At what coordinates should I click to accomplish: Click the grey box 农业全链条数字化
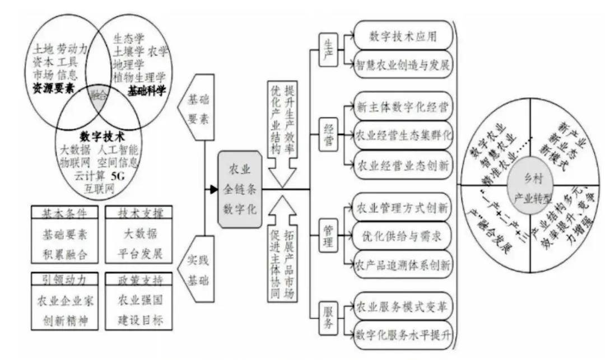(x=240, y=189)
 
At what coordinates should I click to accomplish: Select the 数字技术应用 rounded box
(x=403, y=37)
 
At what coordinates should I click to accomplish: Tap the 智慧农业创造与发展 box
(x=403, y=64)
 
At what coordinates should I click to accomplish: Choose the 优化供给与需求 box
(x=403, y=236)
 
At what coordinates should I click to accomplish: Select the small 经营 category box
(x=329, y=135)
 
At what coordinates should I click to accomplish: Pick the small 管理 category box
(x=329, y=236)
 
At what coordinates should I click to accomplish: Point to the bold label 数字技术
(x=102, y=136)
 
